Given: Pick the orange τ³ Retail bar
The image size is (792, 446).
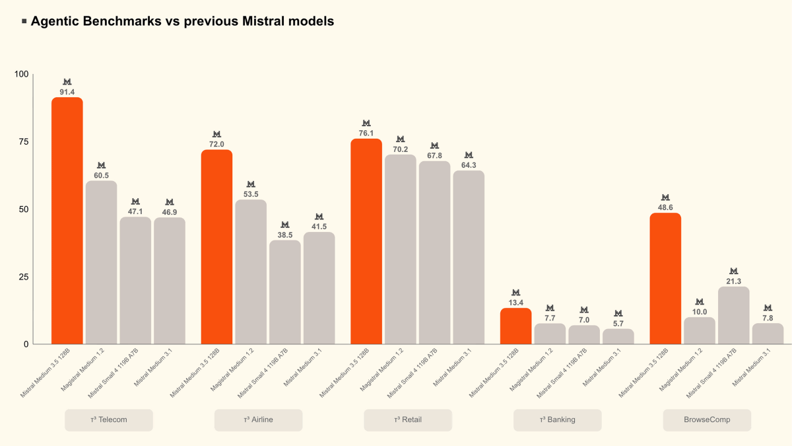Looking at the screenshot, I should [366, 241].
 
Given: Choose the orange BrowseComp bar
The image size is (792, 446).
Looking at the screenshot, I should [665, 278].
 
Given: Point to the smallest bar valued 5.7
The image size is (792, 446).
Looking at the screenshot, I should [618, 336].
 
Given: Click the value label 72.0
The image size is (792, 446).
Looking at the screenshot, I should [216, 144].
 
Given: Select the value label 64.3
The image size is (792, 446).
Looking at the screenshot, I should [469, 165].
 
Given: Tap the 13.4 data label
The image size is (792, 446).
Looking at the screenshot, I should [516, 303].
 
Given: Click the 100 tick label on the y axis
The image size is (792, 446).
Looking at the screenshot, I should [22, 74].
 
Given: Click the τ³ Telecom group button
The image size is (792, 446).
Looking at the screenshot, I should [109, 420].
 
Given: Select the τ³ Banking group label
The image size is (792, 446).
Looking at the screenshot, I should [558, 420].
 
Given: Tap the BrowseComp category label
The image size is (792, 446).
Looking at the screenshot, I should [707, 420].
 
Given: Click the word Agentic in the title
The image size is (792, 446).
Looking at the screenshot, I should [55, 21].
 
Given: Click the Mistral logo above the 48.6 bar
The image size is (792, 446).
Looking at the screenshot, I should [665, 198].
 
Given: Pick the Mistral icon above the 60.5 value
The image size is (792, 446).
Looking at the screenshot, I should [101, 165].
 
